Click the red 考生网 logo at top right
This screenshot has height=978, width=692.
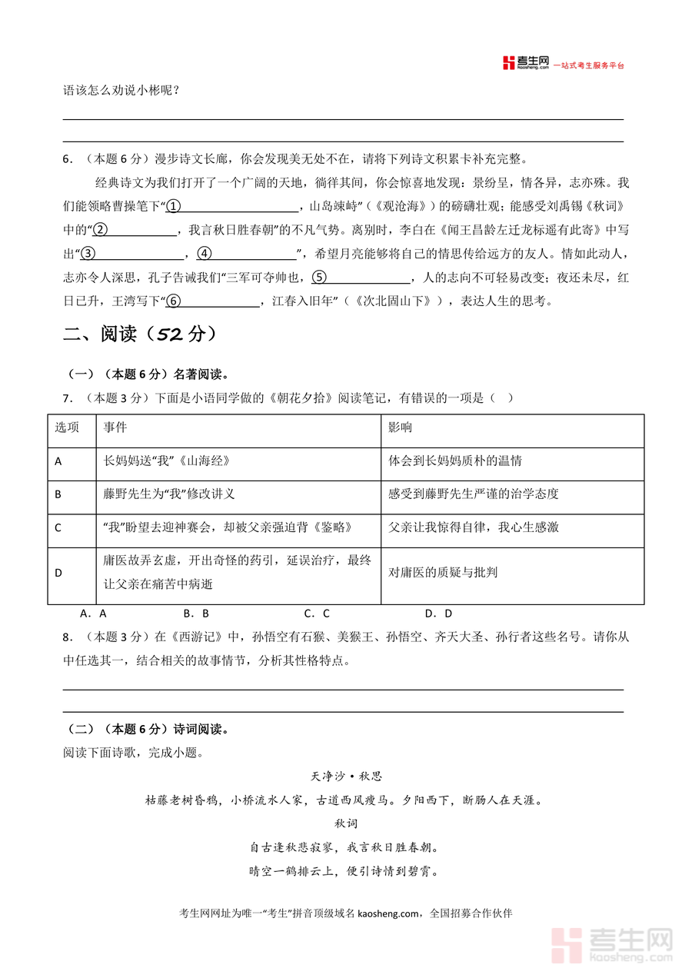point(526,63)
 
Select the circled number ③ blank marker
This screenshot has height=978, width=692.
point(88,254)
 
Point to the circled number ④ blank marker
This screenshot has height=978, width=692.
point(204,254)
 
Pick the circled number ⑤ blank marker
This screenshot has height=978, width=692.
point(319,278)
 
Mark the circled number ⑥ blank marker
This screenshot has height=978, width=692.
point(174,301)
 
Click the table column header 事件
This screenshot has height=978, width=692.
point(115,427)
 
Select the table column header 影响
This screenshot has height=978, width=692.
point(400,427)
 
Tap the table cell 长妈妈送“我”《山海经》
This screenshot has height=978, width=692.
point(167,461)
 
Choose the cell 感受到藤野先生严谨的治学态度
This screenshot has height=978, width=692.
point(473,494)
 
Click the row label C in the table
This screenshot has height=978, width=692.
point(58,527)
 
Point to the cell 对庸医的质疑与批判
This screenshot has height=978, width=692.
point(443,572)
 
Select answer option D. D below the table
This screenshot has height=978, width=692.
point(438,614)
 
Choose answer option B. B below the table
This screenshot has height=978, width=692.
point(196,614)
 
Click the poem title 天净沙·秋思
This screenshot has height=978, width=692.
point(346,777)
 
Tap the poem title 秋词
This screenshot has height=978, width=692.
point(345,823)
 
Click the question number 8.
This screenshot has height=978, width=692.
point(67,637)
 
